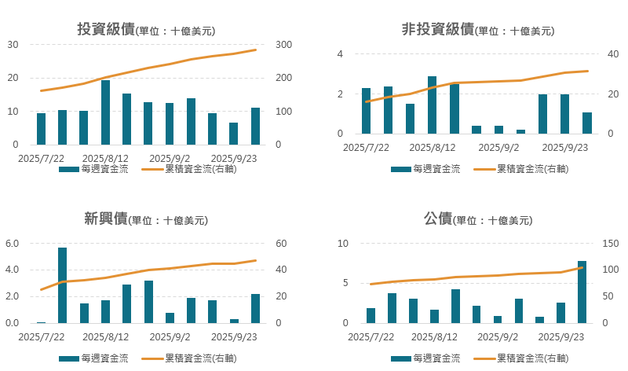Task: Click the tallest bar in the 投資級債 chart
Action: tap(105, 112)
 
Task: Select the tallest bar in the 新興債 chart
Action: tap(63, 285)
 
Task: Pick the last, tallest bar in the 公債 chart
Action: tap(582, 292)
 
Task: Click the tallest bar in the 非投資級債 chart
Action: tap(433, 105)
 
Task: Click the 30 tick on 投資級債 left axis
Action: tap(13, 45)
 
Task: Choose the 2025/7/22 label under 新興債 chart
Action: tap(40, 336)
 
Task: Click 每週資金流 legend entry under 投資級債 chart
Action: tap(97, 169)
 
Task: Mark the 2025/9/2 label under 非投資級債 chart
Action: tap(498, 147)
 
